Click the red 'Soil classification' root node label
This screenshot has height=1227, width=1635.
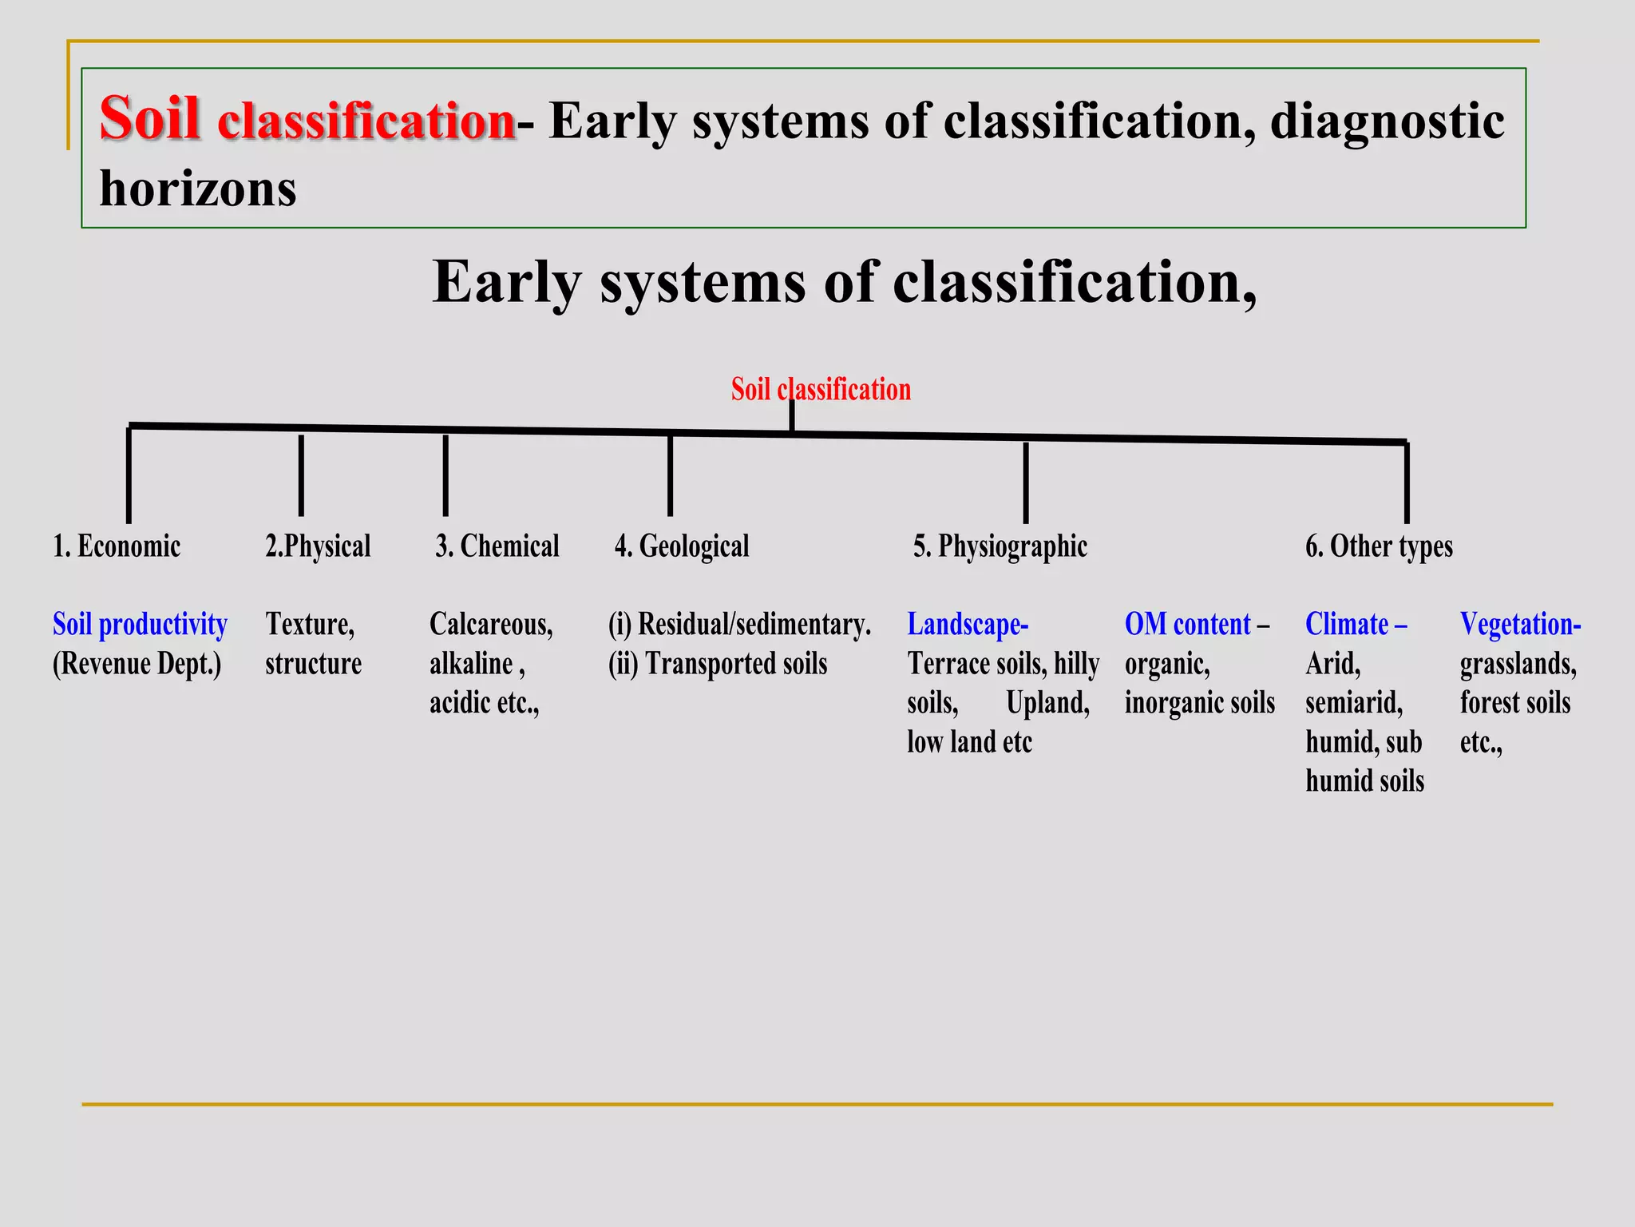(821, 390)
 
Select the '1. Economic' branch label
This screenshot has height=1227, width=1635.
(117, 546)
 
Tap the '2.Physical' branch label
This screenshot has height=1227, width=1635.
(318, 546)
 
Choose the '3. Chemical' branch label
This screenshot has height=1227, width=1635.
(497, 546)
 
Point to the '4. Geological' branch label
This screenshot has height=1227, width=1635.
(682, 546)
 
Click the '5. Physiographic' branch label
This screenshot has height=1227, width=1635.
(1000, 546)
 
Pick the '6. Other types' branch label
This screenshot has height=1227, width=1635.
(1379, 546)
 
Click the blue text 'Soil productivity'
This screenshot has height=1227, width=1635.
(140, 624)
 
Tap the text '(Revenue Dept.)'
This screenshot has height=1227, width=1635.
(137, 664)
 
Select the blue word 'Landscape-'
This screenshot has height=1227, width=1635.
(968, 624)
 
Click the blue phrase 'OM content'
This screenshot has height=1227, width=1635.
(1187, 624)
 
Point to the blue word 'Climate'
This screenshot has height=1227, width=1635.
(1347, 624)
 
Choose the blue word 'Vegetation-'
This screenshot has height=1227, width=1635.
(1520, 624)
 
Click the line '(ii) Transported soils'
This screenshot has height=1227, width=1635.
(718, 664)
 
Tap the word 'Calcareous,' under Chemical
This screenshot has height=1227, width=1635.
(491, 624)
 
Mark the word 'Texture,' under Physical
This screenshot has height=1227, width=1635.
(310, 624)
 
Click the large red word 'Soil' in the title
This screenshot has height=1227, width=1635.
(149, 118)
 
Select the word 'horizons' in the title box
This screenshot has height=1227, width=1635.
(198, 190)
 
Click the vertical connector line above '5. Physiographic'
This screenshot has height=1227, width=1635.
(1025, 482)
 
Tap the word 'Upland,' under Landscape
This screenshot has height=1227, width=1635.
(1047, 703)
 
